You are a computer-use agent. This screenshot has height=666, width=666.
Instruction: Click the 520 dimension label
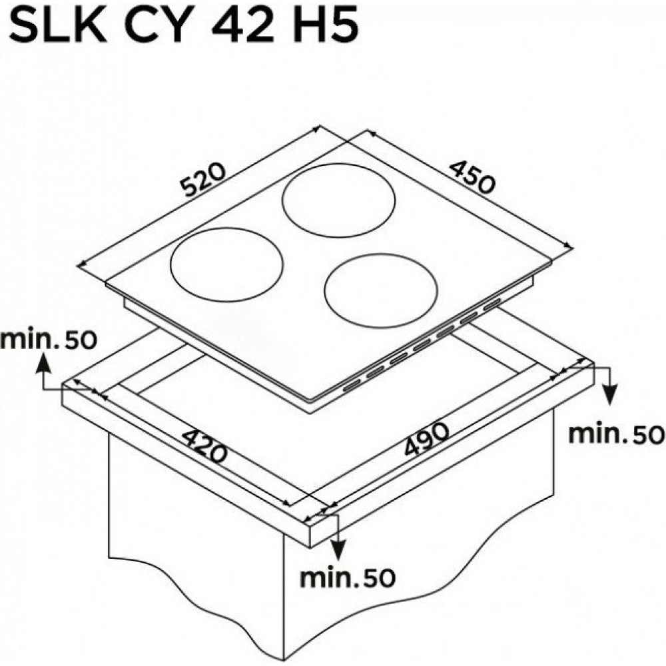coord(202,181)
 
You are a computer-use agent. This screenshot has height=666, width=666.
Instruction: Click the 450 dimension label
coord(472,176)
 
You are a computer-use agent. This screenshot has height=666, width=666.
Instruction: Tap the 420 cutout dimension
coord(204,447)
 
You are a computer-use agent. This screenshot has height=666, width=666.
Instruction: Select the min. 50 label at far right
coord(616,434)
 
